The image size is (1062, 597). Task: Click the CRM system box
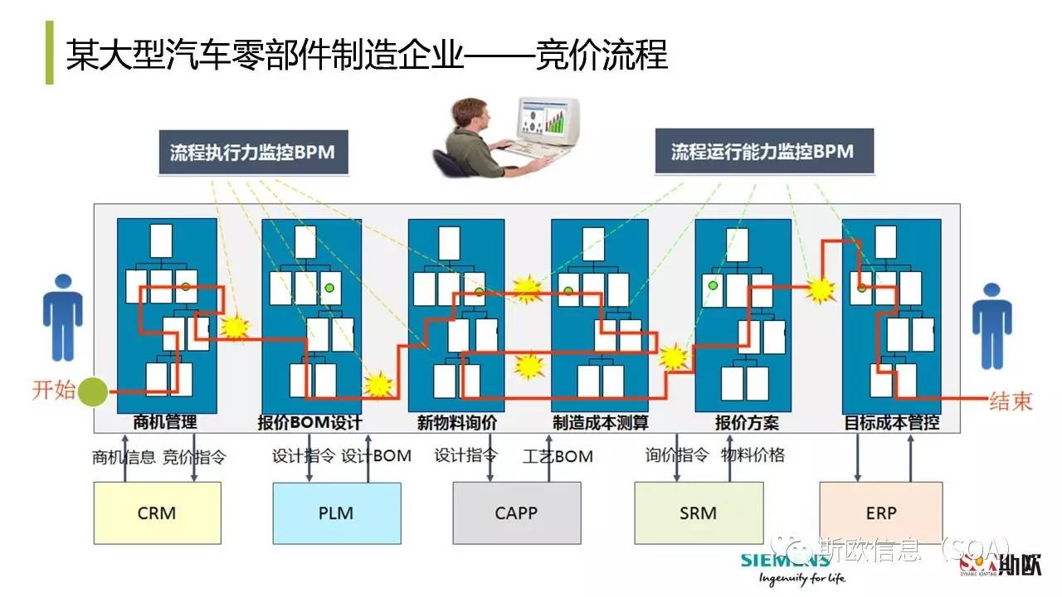[x=157, y=513]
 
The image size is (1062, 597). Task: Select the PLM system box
[x=336, y=513]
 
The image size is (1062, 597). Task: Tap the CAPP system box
[x=516, y=513]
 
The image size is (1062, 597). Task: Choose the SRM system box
[x=698, y=513]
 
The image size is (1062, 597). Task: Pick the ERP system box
[x=880, y=513]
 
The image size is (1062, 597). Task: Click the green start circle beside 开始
[x=94, y=390]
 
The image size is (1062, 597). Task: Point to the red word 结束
[x=1011, y=401]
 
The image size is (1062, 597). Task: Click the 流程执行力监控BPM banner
[x=252, y=153]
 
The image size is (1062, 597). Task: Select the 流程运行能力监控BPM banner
[x=762, y=152]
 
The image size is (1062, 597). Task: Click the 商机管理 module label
[x=166, y=423]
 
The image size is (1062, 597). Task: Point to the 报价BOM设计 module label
[x=310, y=423]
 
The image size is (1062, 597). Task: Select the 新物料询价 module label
[x=456, y=423]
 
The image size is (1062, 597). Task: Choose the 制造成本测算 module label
[x=601, y=423]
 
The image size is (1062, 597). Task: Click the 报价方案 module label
[x=747, y=423]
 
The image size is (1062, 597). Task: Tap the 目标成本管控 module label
[x=892, y=423]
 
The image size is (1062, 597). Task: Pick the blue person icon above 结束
[x=992, y=325]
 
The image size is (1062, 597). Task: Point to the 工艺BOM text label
[x=558, y=456]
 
